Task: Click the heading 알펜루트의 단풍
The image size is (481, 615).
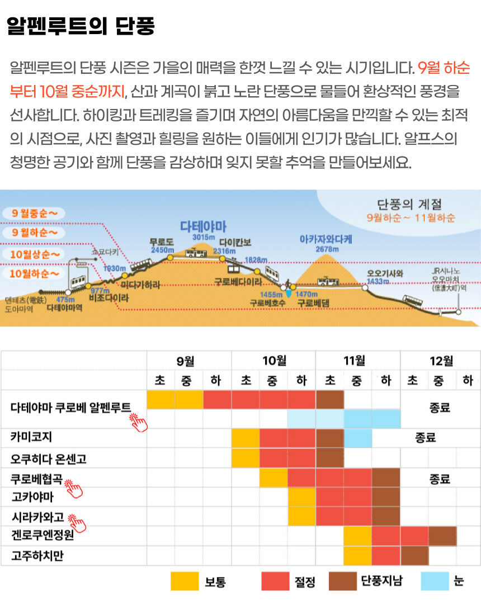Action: pyautogui.click(x=81, y=26)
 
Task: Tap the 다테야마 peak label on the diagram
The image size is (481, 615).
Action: pyautogui.click(x=203, y=226)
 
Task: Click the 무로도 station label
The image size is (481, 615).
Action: pyautogui.click(x=162, y=242)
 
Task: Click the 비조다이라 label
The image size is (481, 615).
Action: pyautogui.click(x=109, y=299)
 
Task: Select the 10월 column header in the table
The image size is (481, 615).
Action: pyautogui.click(x=274, y=361)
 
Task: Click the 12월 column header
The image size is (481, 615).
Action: pyautogui.click(x=441, y=361)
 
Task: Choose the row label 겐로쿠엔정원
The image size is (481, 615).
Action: pyautogui.click(x=43, y=536)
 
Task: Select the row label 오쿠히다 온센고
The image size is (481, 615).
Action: pyautogui.click(x=48, y=458)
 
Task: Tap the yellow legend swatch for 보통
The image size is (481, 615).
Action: pyautogui.click(x=185, y=581)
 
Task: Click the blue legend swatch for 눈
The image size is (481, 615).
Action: pyautogui.click(x=434, y=581)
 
